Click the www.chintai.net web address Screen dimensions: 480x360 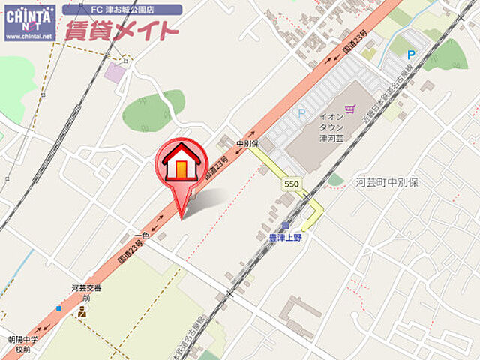point(29,36)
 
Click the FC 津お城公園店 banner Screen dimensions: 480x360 point(121,10)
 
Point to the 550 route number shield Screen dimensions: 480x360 point(292,184)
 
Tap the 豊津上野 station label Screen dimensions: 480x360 point(285,237)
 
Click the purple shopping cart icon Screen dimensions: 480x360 point(349,109)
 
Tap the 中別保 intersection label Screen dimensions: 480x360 point(247,143)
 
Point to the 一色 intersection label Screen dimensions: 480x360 point(145,235)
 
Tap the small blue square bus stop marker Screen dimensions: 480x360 point(58,307)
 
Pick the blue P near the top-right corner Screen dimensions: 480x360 point(410,54)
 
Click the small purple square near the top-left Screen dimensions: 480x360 point(114,73)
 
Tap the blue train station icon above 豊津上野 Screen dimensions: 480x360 point(285,225)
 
